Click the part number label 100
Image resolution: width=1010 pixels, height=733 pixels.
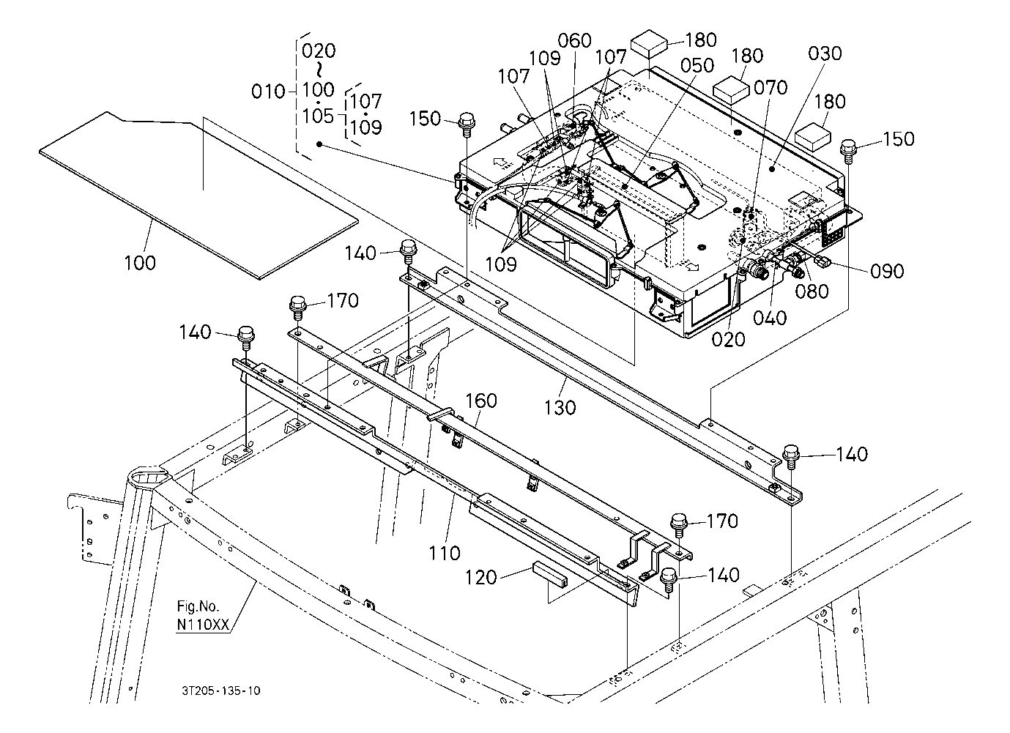pos(140,263)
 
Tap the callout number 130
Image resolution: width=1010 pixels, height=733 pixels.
pos(560,408)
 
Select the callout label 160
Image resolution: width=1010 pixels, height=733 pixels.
pos(480,401)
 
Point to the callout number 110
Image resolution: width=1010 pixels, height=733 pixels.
pos(444,553)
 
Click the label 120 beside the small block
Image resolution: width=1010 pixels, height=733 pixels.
pos(480,578)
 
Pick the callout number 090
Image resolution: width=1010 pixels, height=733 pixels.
pos(887,272)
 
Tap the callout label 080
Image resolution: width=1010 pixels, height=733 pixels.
pos(812,291)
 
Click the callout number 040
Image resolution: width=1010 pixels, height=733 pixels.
pos(770,319)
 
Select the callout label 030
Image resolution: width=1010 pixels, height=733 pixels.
pos(825,53)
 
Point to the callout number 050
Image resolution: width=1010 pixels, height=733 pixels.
pos(697,66)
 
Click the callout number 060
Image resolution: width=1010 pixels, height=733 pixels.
pos(574,41)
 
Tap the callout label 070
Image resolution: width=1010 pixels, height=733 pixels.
pos(771,87)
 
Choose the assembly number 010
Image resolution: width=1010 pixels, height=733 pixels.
pos(268,92)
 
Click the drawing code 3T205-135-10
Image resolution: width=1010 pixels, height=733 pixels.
pos(221,691)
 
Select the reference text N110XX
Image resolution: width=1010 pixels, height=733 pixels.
pos(203,625)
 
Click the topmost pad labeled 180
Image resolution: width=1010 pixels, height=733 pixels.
pos(649,43)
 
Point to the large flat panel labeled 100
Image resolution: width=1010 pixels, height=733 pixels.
pos(198,196)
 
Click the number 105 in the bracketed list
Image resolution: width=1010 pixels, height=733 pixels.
pos(318,116)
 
